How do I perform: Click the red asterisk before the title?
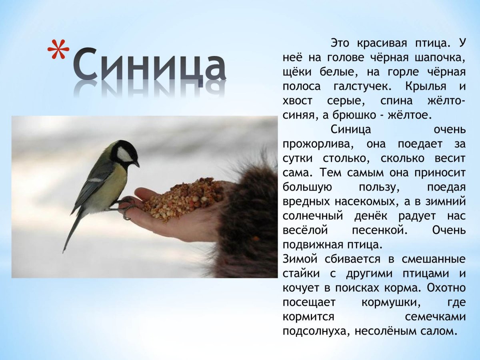coord(58,52)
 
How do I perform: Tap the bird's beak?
coord(136,164)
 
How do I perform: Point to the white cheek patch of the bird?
coord(124,154)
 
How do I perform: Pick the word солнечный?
coord(313,216)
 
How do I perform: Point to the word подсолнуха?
coord(314,331)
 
